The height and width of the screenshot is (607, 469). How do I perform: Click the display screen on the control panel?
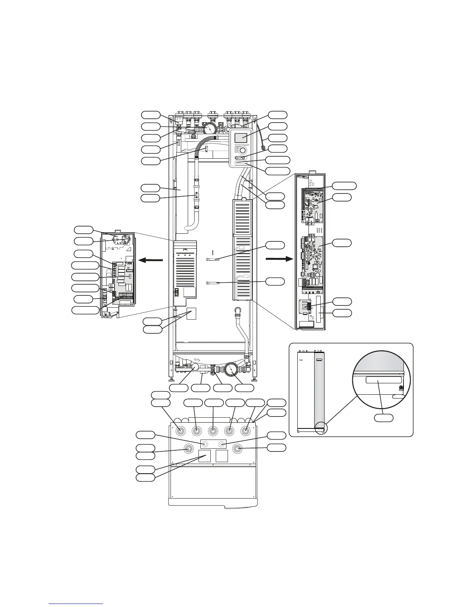[x=240, y=138]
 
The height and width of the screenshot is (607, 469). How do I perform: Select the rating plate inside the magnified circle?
[x=378, y=380]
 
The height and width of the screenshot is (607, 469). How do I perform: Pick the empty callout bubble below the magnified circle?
[x=384, y=418]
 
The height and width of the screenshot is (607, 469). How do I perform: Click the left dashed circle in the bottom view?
[x=206, y=444]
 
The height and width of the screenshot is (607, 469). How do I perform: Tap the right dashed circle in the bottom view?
[x=221, y=444]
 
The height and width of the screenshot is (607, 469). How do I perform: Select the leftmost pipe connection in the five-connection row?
[x=179, y=431]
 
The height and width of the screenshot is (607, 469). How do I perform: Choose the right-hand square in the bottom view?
[x=222, y=456]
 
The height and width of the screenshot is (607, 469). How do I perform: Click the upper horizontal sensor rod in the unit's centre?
[x=213, y=259]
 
